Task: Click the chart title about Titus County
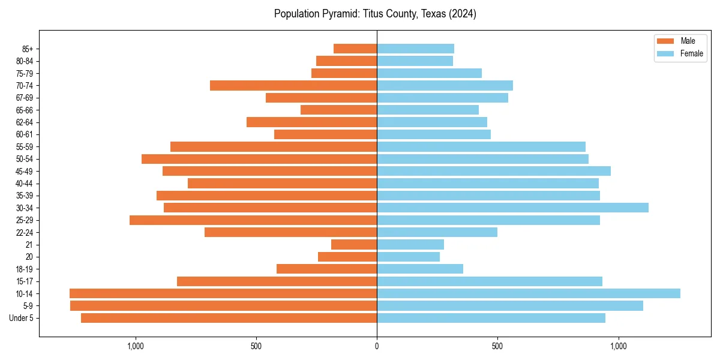tap(375, 14)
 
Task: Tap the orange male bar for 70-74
tap(293, 85)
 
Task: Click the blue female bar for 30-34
tap(512, 208)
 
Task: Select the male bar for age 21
tap(354, 244)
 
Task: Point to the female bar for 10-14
tap(529, 293)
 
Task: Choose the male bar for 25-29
tap(253, 220)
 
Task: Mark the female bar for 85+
tap(415, 49)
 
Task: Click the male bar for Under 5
tap(229, 318)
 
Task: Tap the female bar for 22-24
tap(437, 232)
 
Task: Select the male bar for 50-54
tap(259, 159)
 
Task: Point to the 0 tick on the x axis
tap(377, 346)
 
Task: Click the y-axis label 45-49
tap(25, 171)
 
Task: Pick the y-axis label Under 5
tap(22, 318)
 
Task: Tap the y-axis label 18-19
tap(25, 269)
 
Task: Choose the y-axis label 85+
tap(28, 49)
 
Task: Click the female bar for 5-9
tap(510, 305)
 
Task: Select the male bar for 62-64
tap(311, 122)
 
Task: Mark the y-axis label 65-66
tap(25, 110)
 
